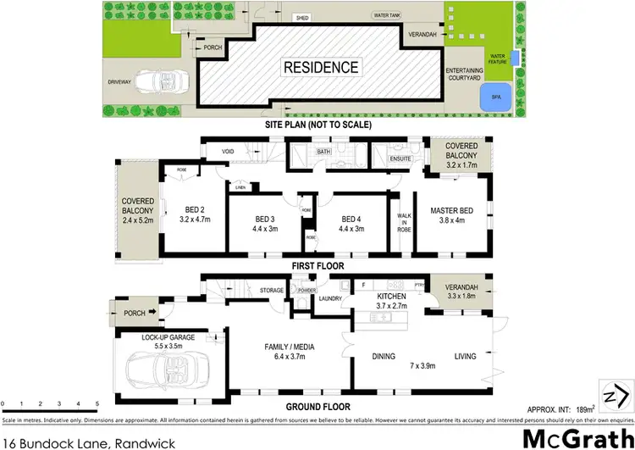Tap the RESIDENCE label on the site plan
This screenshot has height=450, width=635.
[x=320, y=67]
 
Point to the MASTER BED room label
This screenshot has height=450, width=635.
[x=450, y=210]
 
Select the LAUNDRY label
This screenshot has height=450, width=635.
[x=330, y=298]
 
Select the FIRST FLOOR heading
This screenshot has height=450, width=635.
[x=317, y=265]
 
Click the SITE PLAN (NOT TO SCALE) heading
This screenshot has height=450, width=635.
[x=317, y=125]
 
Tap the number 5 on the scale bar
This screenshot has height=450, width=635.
[x=98, y=403]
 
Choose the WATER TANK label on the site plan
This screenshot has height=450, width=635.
[x=390, y=15]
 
